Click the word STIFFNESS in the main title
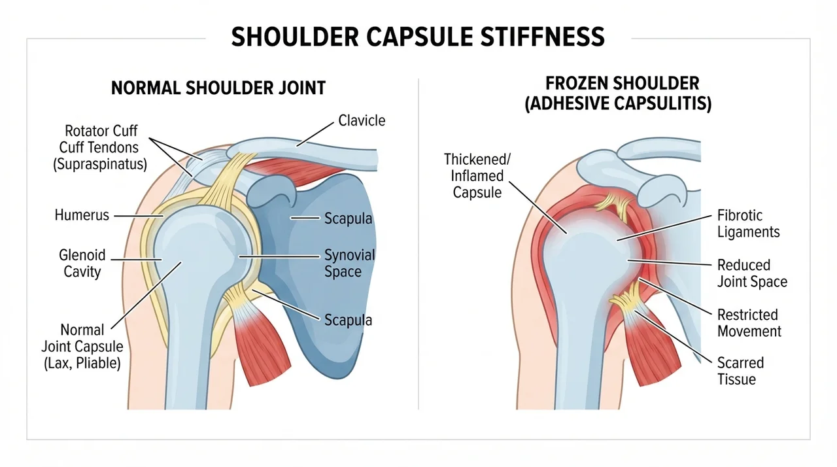pyautogui.click(x=542, y=37)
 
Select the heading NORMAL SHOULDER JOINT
pyautogui.click(x=218, y=88)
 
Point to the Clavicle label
pyautogui.click(x=362, y=120)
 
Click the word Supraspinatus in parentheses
pyautogui.click(x=100, y=164)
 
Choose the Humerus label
pyautogui.click(x=82, y=215)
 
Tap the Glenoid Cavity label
pyautogui.click(x=82, y=264)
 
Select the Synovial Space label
pyautogui.click(x=349, y=264)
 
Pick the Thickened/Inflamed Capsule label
pyautogui.click(x=477, y=176)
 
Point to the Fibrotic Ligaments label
pyautogui.click(x=749, y=224)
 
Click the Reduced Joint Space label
pyautogui.click(x=752, y=273)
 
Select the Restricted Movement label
pyautogui.click(x=749, y=323)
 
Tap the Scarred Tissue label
pyautogui.click(x=741, y=371)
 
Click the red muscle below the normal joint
pyautogui.click(x=262, y=344)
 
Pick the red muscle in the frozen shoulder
pyautogui.click(x=652, y=347)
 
